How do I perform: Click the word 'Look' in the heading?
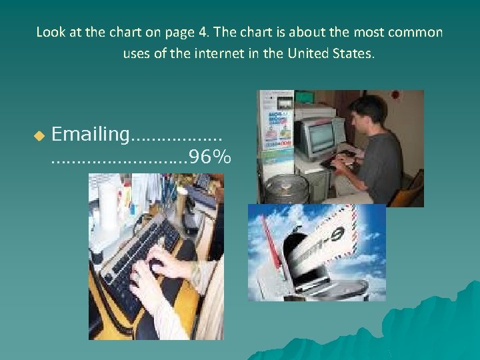49,32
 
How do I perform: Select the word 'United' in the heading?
309,53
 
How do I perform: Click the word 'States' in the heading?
355,53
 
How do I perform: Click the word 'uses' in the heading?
137,53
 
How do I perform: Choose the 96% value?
210,157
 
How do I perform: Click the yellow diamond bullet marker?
39,135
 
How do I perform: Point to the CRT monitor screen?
321,137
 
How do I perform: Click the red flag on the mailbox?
271,243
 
